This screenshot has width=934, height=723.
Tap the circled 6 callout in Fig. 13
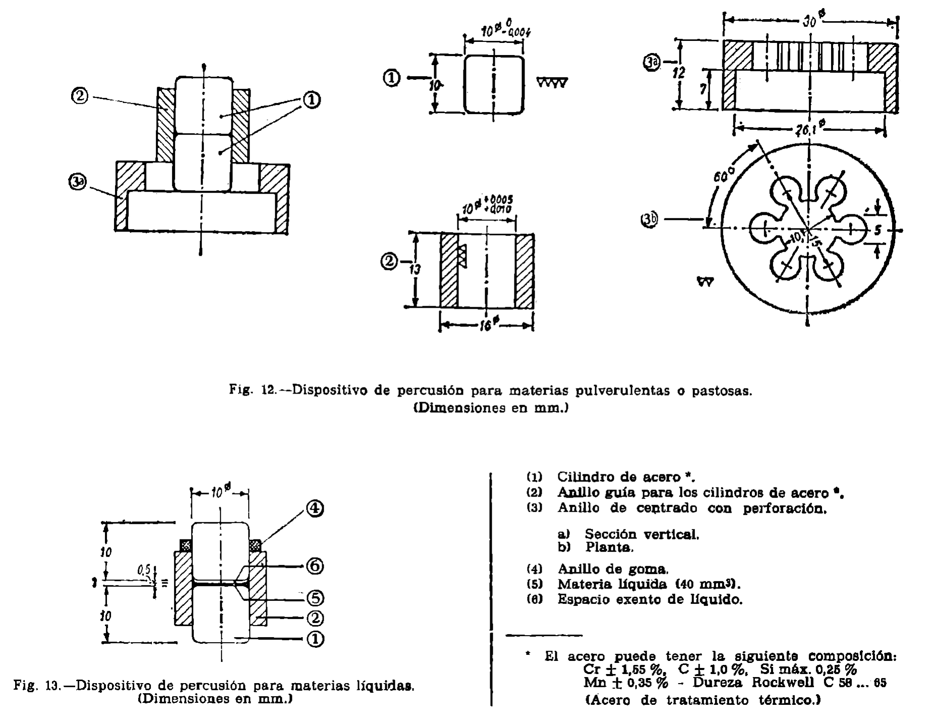[x=315, y=567]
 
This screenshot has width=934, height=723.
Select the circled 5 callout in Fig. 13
[x=315, y=598]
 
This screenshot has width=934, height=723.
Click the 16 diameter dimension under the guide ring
[x=486, y=325]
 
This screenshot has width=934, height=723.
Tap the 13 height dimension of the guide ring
[x=415, y=269]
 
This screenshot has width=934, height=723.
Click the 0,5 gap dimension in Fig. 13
[x=145, y=570]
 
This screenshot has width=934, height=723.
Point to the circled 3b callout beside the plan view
[x=650, y=220]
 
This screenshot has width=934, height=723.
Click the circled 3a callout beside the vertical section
[x=652, y=63]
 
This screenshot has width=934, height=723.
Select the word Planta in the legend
[x=609, y=547]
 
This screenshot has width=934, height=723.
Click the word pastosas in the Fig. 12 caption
[x=720, y=391]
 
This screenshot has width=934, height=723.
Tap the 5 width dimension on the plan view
[x=878, y=231]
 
